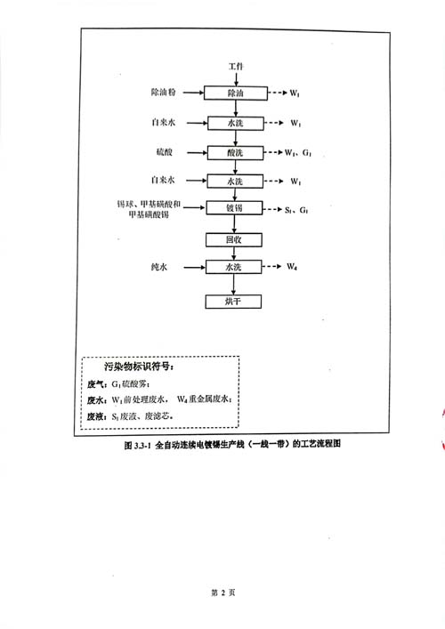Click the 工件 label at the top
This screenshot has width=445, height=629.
click(236, 66)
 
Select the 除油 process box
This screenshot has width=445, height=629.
click(236, 93)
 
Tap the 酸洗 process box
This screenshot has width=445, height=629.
click(235, 153)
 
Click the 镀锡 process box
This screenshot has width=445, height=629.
click(234, 208)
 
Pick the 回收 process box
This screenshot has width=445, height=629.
click(234, 240)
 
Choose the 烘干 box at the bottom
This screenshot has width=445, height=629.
click(233, 302)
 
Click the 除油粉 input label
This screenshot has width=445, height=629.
click(163, 93)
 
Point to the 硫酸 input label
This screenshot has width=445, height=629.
click(164, 152)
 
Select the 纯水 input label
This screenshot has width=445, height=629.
click(159, 267)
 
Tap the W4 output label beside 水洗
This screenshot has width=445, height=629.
click(292, 266)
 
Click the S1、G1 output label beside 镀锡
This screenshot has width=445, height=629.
click(296, 210)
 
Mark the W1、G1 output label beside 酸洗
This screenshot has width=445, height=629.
click(298, 153)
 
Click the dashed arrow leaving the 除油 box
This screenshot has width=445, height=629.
click(278, 93)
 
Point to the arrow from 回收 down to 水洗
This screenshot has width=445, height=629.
click(234, 254)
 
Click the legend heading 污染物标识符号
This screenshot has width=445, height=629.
click(139, 367)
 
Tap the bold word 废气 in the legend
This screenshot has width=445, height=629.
click(97, 384)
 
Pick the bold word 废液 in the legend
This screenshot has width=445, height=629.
click(97, 416)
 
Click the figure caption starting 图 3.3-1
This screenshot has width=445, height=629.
click(232, 444)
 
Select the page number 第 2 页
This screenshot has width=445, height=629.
click(223, 593)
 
